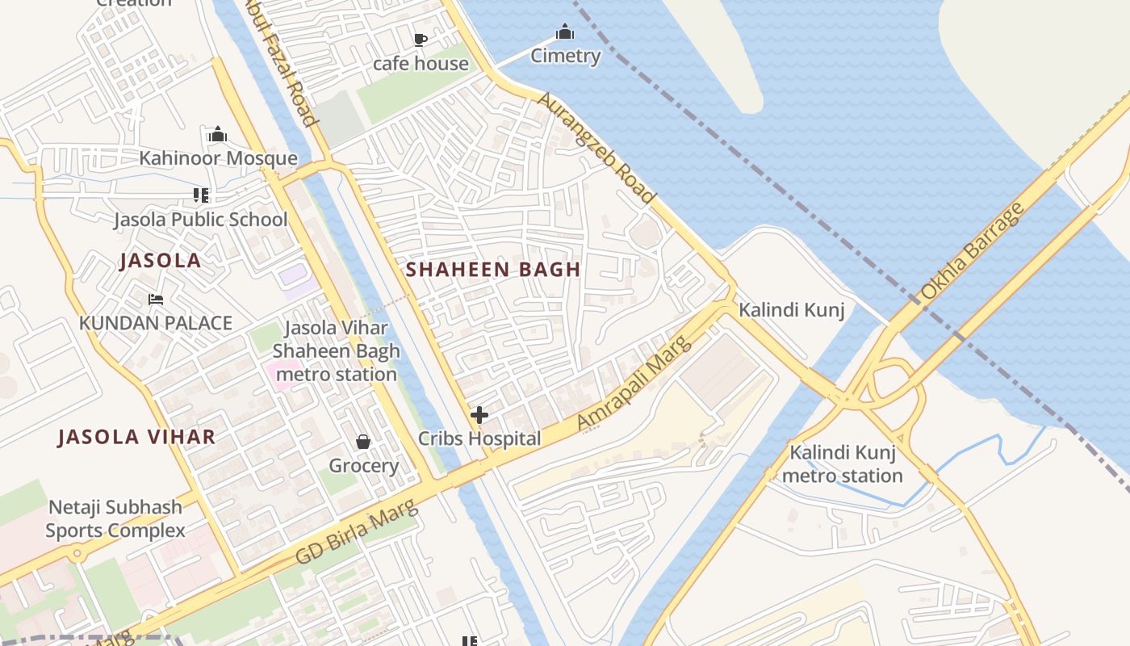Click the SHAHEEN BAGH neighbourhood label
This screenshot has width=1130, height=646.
pos(493,270)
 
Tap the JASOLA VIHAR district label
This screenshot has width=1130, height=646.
pos(136,438)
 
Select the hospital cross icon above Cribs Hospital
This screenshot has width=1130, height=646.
pos(479,416)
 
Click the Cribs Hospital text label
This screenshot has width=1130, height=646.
pos(479,439)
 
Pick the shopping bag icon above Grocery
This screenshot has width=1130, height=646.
pos(363,442)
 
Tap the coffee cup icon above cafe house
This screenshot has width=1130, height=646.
pos(420,39)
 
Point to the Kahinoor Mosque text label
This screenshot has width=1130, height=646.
pos(218,158)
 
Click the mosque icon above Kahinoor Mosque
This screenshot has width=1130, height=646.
pos(217,134)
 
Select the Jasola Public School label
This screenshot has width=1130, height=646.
pos(200,220)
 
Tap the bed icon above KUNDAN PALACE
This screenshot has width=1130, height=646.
pos(156,300)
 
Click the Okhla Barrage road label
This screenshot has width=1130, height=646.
pos(972,251)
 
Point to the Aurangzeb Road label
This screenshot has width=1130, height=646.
pos(596,147)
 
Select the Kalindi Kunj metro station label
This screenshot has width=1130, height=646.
pos(842,464)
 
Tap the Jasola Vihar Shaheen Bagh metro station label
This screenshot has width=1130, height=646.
pos(336,351)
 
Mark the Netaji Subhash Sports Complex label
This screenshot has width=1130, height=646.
pos(115,519)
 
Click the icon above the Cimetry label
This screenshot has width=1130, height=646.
pos(565,32)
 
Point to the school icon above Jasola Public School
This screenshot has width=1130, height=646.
pos(201,195)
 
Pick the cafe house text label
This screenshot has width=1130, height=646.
pos(421,64)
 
